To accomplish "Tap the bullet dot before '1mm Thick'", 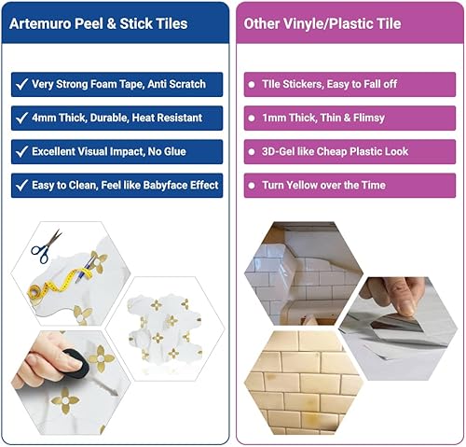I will (251, 119).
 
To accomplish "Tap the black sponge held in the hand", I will (72, 359).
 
